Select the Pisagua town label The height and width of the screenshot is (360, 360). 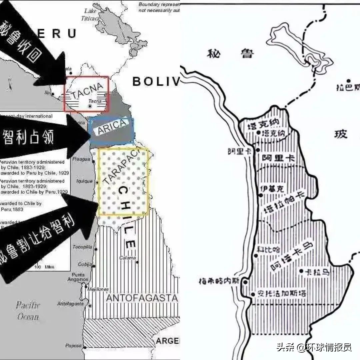81,159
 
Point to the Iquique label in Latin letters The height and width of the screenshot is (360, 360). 84,181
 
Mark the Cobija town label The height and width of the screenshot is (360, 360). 85,264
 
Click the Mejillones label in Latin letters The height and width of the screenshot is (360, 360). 98,289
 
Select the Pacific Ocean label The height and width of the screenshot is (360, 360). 28,311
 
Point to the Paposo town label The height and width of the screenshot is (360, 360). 73,346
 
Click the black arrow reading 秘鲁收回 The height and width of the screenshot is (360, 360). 33,50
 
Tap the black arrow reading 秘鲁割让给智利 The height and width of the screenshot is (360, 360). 47,240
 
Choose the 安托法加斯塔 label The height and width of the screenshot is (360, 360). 281,294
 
